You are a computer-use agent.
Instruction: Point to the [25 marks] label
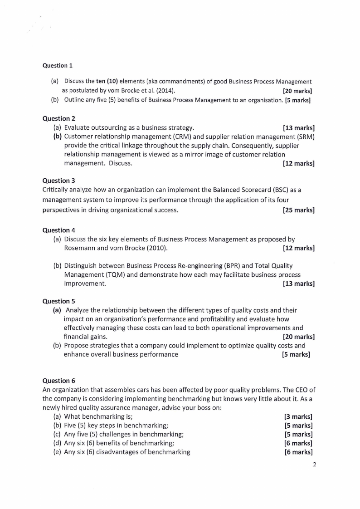[x=298, y=210]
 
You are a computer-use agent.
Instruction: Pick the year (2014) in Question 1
[x=165, y=91]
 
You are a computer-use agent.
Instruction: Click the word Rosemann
[x=79, y=248]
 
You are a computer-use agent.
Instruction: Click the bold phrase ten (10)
[x=107, y=82]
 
